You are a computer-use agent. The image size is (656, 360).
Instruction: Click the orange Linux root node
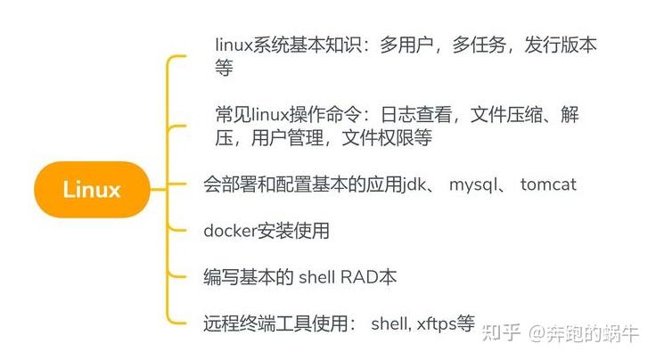91,189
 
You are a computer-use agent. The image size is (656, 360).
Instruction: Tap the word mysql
476,185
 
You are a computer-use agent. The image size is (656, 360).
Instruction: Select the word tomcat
548,185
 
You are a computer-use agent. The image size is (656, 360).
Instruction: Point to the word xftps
437,323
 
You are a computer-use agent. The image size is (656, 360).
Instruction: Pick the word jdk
415,185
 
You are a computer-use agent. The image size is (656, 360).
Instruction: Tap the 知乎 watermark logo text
501,333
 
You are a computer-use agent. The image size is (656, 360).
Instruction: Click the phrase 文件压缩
504,116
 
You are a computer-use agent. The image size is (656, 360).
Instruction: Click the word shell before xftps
389,323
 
